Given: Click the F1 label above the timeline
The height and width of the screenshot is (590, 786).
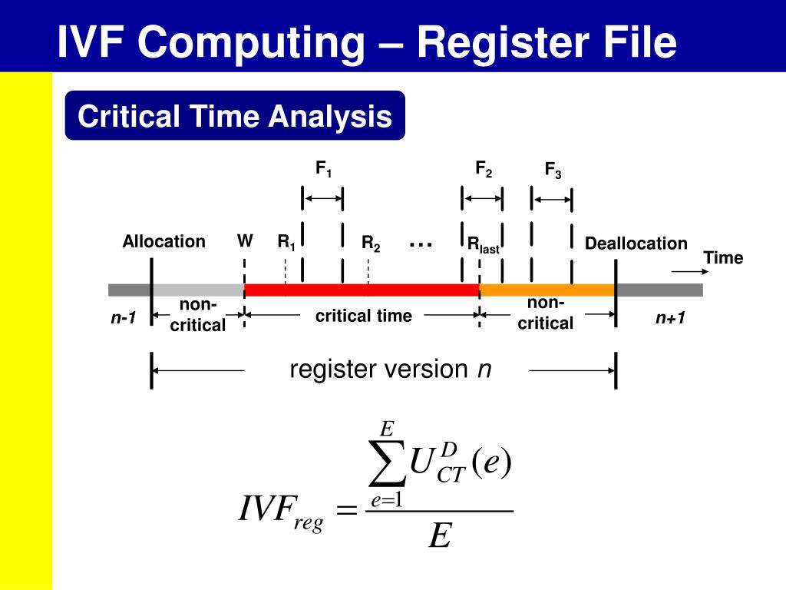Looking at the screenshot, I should (324, 169).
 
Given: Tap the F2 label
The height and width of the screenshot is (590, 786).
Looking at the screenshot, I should (484, 169).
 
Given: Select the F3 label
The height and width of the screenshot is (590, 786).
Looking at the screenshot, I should (553, 171).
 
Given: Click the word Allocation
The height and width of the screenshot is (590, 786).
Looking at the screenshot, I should (163, 242).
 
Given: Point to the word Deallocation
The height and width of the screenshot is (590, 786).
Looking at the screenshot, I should (636, 244).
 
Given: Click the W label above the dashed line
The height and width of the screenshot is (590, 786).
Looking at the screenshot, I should (245, 241).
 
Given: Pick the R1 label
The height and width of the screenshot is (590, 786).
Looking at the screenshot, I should (286, 244).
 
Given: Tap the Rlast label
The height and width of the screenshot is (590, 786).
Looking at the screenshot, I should (484, 245).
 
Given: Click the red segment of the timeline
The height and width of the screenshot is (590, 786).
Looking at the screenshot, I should (361, 290).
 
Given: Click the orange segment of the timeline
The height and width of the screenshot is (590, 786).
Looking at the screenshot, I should (547, 290).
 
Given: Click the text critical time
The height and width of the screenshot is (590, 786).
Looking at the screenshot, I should (363, 316).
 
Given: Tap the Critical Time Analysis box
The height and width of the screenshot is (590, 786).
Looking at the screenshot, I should (234, 117).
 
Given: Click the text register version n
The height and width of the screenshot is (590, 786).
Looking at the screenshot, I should (390, 370).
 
